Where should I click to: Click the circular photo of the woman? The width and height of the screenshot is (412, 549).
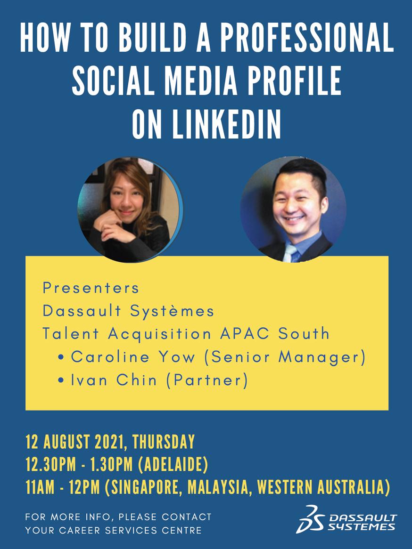(129, 210)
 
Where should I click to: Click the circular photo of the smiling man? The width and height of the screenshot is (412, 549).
(293, 210)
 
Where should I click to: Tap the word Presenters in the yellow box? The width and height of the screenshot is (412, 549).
(91, 287)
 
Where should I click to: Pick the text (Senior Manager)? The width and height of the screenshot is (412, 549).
(285, 357)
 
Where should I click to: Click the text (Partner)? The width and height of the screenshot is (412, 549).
(206, 380)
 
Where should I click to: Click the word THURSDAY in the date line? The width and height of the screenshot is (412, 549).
(164, 442)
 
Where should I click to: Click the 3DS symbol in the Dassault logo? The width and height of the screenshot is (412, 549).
(309, 519)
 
